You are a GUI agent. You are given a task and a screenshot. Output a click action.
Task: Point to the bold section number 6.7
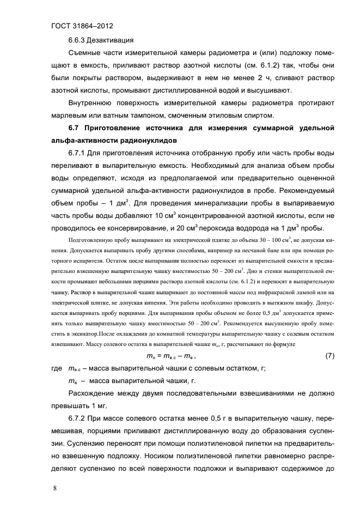pyautogui.click(x=76, y=128)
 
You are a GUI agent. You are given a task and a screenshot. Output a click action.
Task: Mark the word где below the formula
pyautogui.click(x=56, y=368)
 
